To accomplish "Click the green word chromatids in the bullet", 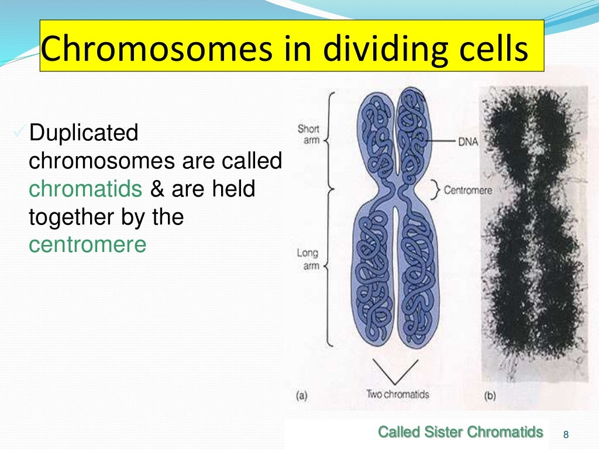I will coord(85,189).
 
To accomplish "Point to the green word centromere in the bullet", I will coord(87,245).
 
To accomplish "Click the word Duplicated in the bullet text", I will coord(84,133).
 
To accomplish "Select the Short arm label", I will coord(308,134).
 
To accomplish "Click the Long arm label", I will coord(307,260).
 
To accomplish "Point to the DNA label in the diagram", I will coord(468,142).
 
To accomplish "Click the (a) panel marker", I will coord(301,396).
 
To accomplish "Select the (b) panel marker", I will coord(490,396).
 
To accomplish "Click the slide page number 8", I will coord(565,434).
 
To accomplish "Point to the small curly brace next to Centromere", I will coord(436,189).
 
